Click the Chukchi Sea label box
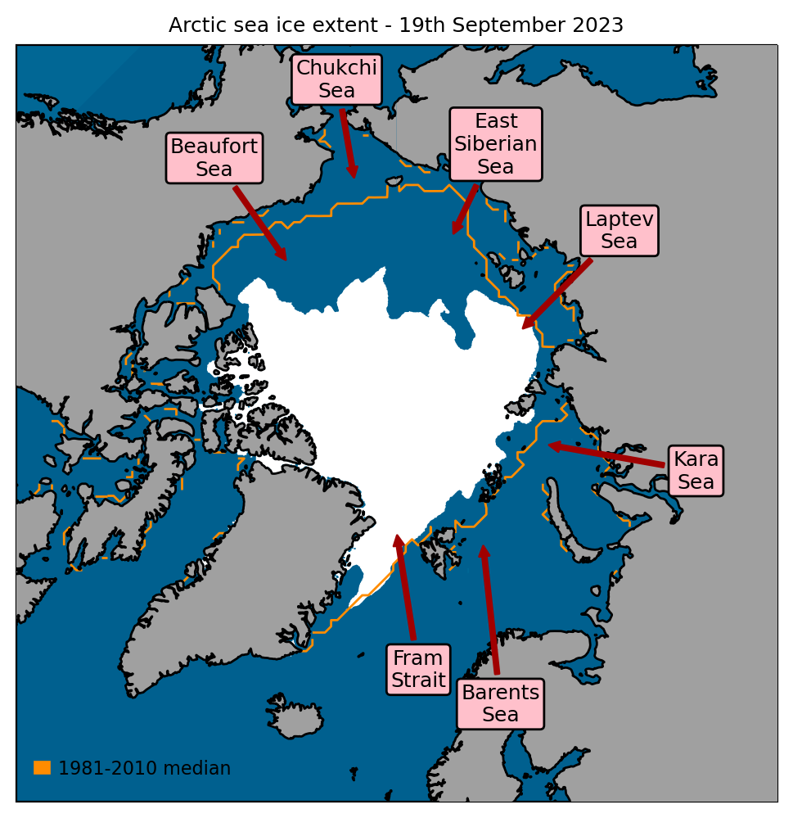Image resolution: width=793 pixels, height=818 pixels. [336, 79]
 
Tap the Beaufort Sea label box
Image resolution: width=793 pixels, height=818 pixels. [214, 158]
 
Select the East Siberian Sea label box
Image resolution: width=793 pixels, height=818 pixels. [496, 144]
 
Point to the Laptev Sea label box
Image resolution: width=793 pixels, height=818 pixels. [620, 230]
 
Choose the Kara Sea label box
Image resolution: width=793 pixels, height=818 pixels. [696, 471]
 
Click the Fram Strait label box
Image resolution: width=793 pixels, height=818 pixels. [418, 669]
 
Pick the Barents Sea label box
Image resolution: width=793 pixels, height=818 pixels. [500, 703]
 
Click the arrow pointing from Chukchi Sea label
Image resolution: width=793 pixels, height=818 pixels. [348, 143]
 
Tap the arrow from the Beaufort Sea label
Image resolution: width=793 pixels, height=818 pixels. [259, 223]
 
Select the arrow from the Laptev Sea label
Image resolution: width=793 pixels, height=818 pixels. [557, 294]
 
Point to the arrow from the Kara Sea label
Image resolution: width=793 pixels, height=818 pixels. [606, 455]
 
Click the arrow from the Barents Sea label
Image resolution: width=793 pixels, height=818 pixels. [490, 610]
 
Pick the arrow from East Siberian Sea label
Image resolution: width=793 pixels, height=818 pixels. [465, 210]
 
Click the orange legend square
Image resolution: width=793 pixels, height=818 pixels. [42, 767]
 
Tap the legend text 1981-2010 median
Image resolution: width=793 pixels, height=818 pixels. [144, 768]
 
